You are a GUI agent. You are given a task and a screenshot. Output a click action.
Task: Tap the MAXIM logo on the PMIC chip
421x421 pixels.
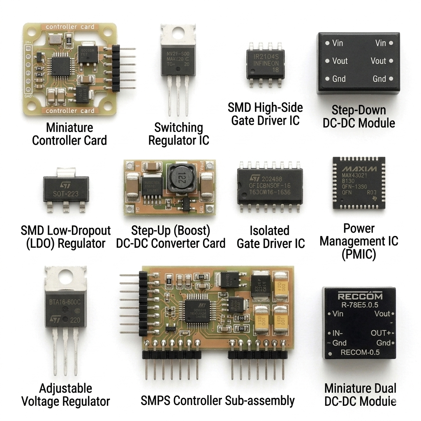pos(359,169)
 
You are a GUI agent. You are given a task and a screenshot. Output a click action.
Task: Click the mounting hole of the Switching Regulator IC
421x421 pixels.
pos(177,33)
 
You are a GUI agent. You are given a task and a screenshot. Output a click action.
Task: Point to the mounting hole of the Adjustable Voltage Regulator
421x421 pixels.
pos(66,278)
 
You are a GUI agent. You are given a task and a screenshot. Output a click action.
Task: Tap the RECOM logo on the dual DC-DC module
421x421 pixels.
pos(360,296)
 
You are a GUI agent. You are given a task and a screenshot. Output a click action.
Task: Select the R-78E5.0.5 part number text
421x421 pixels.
pos(359,305)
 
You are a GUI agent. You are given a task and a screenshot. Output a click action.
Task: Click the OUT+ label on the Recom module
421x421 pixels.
pos(381,333)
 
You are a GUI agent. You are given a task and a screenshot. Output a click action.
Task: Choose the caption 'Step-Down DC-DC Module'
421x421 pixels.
pos(359,116)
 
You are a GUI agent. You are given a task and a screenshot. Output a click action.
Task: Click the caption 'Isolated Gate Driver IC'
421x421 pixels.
pos(271,237)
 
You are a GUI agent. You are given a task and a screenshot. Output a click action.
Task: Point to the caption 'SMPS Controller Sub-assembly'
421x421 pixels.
pos(217,400)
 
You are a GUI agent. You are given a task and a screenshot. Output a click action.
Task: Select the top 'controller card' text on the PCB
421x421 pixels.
pos(67,27)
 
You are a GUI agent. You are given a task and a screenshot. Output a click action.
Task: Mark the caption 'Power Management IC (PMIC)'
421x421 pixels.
pos(359,241)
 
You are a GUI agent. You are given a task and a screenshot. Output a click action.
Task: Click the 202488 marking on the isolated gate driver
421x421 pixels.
pos(271,179)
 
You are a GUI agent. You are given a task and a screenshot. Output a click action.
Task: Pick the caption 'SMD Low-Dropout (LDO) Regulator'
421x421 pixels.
pos(66,237)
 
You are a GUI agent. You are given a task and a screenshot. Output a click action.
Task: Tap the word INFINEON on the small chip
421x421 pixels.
pos(266,63)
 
